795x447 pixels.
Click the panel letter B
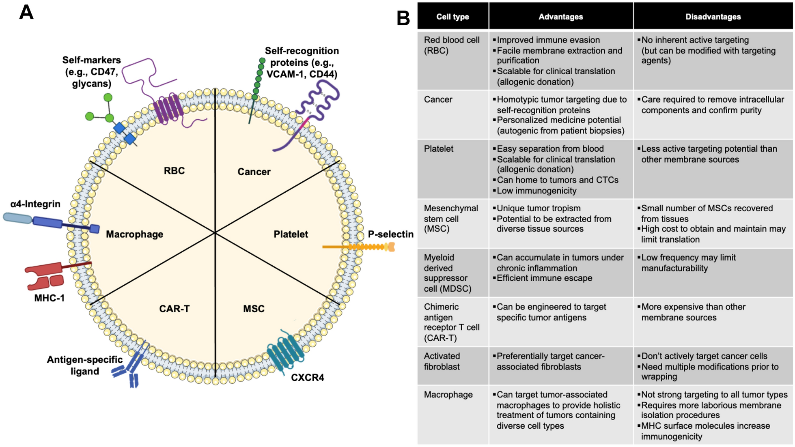403,18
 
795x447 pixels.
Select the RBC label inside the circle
174,171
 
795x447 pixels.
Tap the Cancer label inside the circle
254,172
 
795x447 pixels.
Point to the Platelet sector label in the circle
291,234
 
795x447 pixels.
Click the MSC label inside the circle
254,309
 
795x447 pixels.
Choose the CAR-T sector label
174,309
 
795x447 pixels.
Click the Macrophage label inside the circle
134,234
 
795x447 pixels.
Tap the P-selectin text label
390,234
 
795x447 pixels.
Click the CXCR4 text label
307,378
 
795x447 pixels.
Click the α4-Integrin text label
35,204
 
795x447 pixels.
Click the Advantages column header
560,17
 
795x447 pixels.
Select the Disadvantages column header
713,17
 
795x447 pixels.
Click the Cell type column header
452,17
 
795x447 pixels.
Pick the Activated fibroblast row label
442,361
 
